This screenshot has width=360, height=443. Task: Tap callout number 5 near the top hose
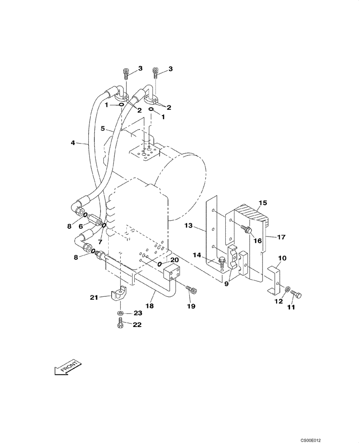[x=102, y=129]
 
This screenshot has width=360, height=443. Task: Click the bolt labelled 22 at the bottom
[x=121, y=326]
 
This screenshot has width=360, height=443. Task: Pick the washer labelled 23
[x=121, y=314]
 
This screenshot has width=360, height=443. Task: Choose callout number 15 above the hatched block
[x=262, y=203]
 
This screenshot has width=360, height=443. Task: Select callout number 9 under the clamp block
[x=226, y=284]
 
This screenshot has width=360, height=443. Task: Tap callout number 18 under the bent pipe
[x=150, y=306]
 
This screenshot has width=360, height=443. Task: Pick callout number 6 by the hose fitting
[x=81, y=226]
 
